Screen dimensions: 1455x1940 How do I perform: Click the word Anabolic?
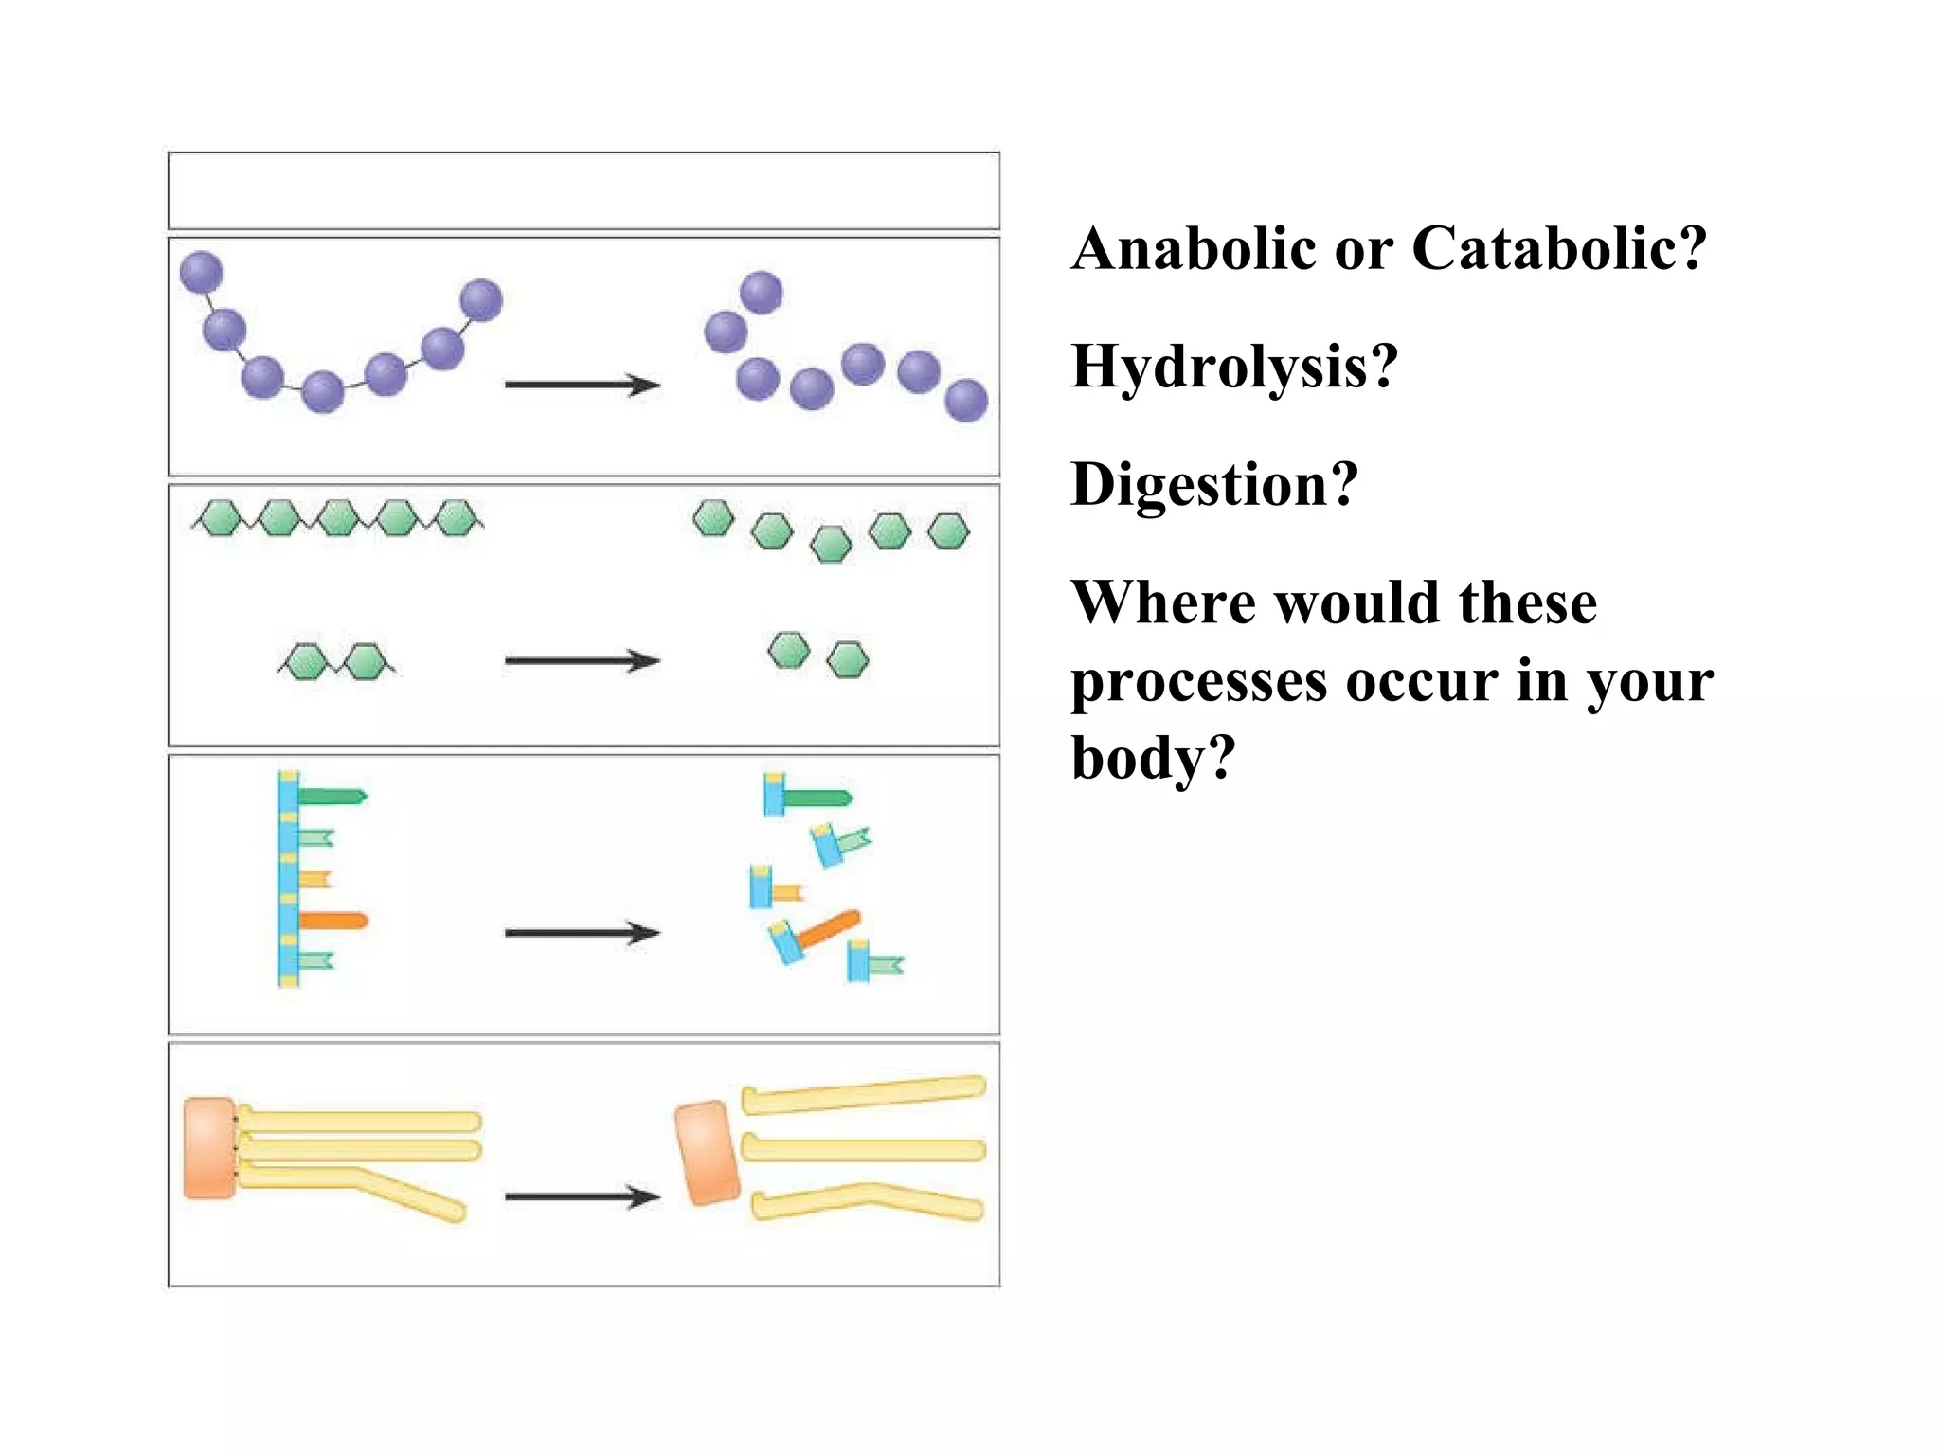[1194, 249]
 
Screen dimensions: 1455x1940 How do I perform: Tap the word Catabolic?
[1558, 249]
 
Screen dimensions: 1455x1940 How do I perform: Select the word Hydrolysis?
[1233, 367]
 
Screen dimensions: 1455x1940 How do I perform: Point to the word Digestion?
[1213, 484]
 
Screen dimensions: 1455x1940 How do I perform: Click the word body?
[1153, 758]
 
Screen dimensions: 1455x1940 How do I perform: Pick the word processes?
[1198, 682]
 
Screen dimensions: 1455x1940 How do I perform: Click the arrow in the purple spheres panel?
[582, 385]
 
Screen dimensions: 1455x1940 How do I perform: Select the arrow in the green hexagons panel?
[582, 660]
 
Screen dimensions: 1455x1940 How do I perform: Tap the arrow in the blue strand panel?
[582, 933]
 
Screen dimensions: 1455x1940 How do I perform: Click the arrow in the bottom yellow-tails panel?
[582, 1196]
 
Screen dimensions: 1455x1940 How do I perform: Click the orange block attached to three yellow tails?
[209, 1148]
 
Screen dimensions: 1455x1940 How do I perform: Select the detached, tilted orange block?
[708, 1152]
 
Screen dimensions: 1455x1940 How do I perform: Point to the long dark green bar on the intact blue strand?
[332, 797]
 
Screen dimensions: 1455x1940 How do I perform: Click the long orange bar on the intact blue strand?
[332, 921]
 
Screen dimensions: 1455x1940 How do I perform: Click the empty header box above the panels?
[584, 190]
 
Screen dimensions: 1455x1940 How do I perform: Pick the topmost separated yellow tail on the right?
[864, 1094]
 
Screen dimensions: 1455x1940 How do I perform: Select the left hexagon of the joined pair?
[305, 661]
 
